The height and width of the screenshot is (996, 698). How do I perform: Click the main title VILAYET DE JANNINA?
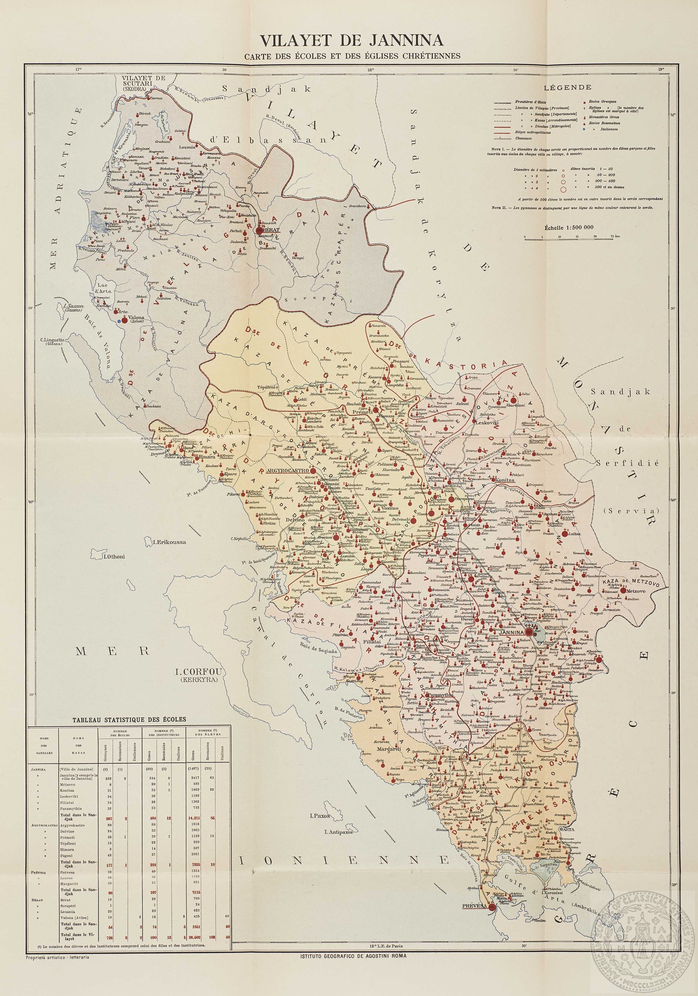point(351,40)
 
